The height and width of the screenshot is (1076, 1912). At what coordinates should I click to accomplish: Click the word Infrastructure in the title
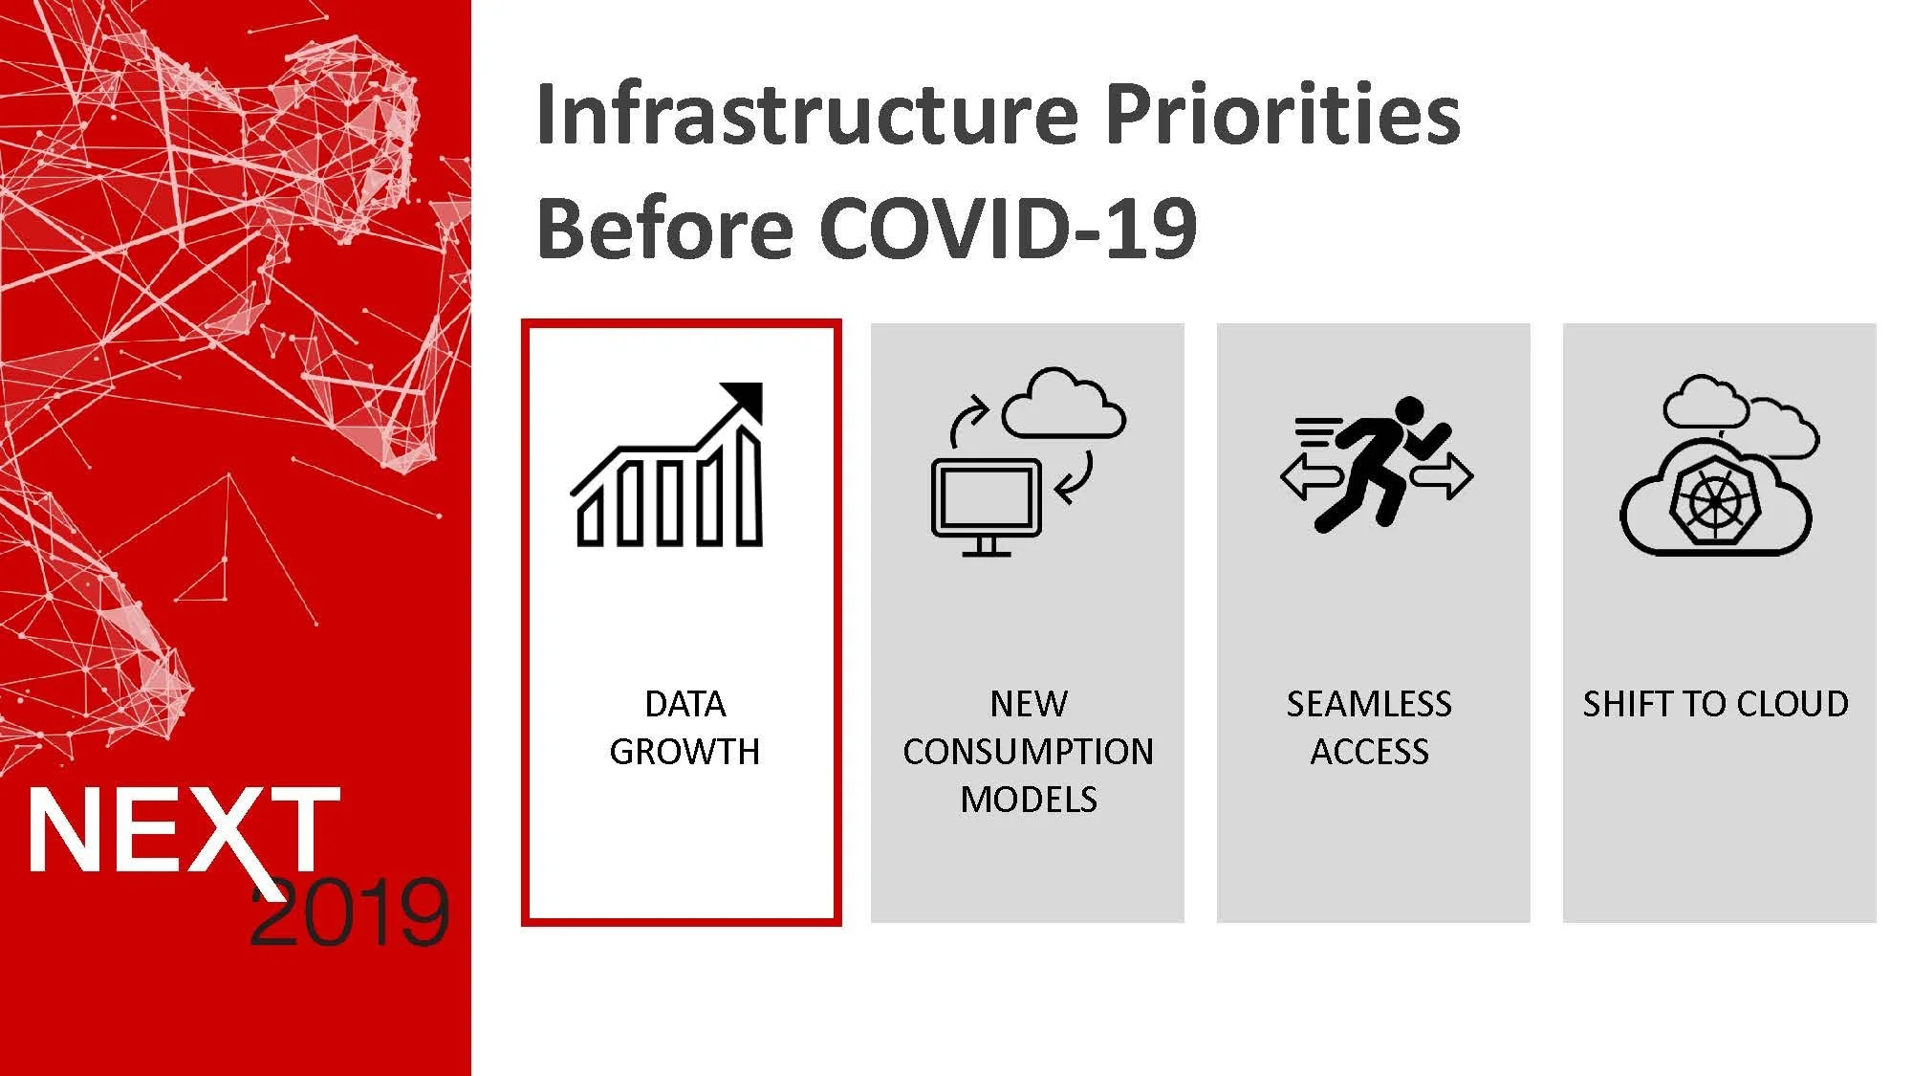[x=808, y=114]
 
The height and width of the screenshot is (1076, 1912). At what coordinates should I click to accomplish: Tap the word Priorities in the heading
[x=1283, y=114]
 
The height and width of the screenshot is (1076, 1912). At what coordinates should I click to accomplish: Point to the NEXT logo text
[x=184, y=830]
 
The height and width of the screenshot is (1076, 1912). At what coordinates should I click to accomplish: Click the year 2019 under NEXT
[x=350, y=912]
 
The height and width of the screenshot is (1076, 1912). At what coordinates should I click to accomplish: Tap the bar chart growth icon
[x=667, y=465]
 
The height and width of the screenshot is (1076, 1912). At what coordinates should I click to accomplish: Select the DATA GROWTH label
[x=684, y=728]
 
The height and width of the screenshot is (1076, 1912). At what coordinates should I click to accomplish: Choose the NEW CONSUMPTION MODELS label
[x=1029, y=751]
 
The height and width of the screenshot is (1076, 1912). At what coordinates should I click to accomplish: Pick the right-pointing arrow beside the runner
[x=1443, y=475]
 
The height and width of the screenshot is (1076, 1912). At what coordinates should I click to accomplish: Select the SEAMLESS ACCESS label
[x=1369, y=728]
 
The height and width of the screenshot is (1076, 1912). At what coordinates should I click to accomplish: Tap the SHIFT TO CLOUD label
[x=1716, y=704]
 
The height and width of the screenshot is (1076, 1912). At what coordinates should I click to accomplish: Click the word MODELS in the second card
[x=1029, y=800]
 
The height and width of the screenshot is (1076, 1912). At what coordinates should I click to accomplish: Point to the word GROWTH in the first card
[x=684, y=752]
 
